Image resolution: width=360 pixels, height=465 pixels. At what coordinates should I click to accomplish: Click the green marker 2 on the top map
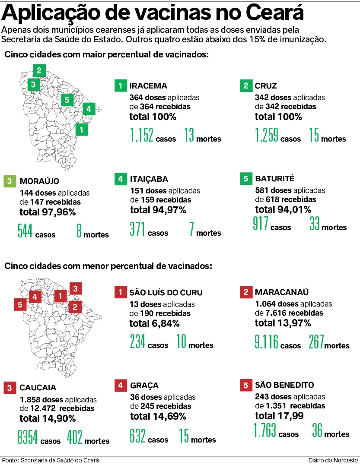coord(39,70)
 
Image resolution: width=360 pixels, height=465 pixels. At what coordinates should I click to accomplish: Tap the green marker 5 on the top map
coord(66,100)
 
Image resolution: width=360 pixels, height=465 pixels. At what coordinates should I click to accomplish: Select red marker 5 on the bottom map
coord(20,305)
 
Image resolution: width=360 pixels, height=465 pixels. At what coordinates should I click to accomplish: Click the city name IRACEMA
coord(148,86)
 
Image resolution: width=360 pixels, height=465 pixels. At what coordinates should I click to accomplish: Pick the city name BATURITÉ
coord(274,179)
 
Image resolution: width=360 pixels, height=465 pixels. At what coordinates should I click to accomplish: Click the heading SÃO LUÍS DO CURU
coord(166,293)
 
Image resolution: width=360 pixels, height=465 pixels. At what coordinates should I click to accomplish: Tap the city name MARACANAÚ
coord(282,292)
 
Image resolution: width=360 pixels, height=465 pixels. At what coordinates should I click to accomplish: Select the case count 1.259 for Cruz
coord(267,135)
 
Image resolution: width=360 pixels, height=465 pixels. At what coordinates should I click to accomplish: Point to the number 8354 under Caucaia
coord(27,437)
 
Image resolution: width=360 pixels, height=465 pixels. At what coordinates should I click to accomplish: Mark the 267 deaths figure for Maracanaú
coord(316,342)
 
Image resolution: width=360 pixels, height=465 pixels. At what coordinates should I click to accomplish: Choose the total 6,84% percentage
coord(155,323)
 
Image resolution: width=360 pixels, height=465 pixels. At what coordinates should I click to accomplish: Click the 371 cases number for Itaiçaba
coord(137,229)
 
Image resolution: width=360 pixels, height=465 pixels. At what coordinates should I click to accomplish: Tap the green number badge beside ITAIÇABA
coord(121,179)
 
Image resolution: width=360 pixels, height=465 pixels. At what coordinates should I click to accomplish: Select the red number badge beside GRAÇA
coord(121,385)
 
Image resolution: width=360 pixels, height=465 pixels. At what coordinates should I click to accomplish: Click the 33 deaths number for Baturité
coord(315,224)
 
